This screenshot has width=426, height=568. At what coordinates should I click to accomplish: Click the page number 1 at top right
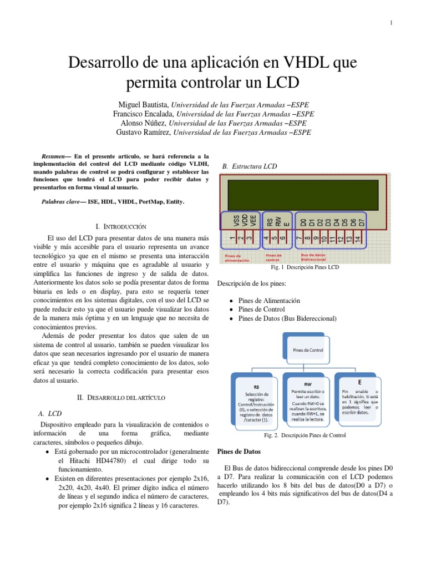click(x=391, y=23)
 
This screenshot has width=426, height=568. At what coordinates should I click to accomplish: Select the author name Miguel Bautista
click(x=143, y=105)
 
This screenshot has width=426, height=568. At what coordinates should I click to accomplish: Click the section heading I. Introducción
click(x=120, y=227)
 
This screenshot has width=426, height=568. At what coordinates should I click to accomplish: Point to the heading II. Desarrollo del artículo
click(x=120, y=398)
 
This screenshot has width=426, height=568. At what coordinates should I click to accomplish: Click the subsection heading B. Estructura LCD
click(x=246, y=166)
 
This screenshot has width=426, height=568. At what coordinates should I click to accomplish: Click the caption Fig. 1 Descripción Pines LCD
click(x=305, y=267)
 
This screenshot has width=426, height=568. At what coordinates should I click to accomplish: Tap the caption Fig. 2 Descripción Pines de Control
click(x=305, y=435)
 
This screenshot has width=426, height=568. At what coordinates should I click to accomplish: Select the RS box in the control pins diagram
click(x=256, y=401)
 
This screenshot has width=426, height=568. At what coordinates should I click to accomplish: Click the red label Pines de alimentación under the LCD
click(x=237, y=257)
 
